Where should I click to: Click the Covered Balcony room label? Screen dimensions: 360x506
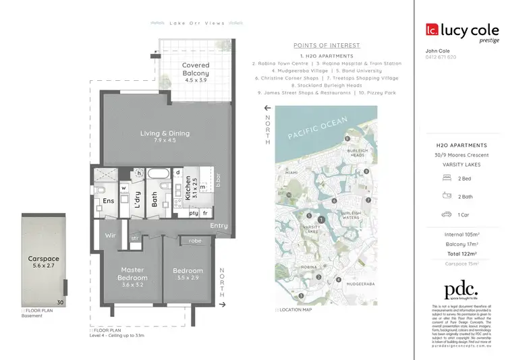[x=196, y=69]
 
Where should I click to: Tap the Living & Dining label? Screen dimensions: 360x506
[x=165, y=133]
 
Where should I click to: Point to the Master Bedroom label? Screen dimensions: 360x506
[x=132, y=274]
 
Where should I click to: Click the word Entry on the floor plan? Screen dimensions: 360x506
[x=219, y=225]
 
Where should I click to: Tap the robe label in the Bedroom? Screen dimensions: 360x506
[x=195, y=239]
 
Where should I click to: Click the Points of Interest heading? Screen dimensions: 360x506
[x=327, y=45]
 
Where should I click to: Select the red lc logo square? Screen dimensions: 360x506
[x=432, y=29]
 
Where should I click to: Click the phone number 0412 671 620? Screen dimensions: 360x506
[x=441, y=57]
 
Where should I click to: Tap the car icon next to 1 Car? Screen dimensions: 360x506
[x=446, y=214]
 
